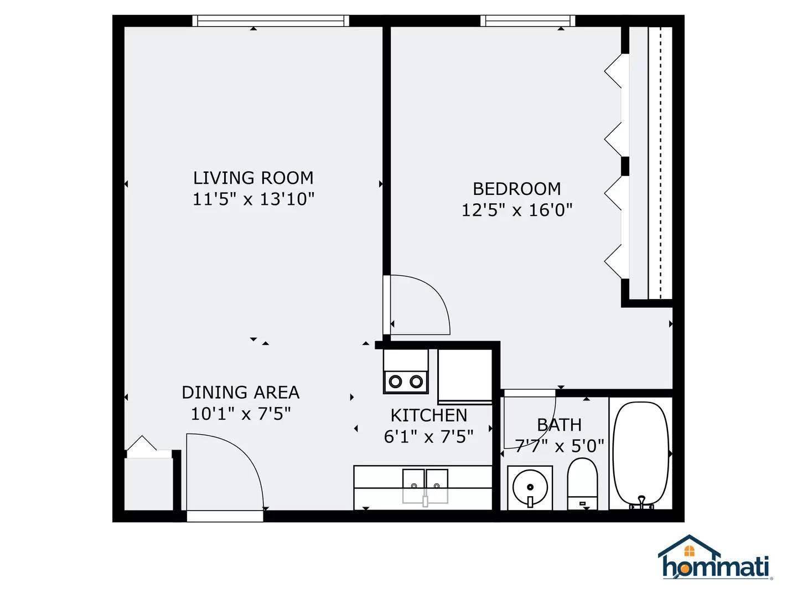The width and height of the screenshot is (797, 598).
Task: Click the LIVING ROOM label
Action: pyautogui.click(x=253, y=178)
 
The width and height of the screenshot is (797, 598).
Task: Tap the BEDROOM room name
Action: pyautogui.click(x=516, y=189)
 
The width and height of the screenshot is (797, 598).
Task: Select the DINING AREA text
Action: pyautogui.click(x=240, y=392)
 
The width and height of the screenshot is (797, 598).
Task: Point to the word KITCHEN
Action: pyautogui.click(x=429, y=415)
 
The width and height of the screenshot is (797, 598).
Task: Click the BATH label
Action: pyautogui.click(x=559, y=425)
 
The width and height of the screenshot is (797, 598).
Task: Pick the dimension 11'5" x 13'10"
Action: pyautogui.click(x=253, y=199)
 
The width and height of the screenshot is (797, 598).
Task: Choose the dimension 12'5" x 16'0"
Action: pyautogui.click(x=516, y=210)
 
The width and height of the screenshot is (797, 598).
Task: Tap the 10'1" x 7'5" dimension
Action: pyautogui.click(x=240, y=414)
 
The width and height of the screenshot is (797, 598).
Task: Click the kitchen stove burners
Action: pyautogui.click(x=406, y=382)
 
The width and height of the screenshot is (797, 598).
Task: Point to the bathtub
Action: pyautogui.click(x=641, y=453)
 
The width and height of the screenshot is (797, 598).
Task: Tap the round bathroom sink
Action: pyautogui.click(x=530, y=488)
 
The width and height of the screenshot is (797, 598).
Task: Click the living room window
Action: pyautogui.click(x=271, y=21)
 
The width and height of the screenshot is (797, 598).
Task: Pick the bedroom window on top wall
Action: pyautogui.click(x=527, y=21)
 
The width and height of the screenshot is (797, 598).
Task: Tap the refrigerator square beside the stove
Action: pyautogui.click(x=465, y=375)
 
